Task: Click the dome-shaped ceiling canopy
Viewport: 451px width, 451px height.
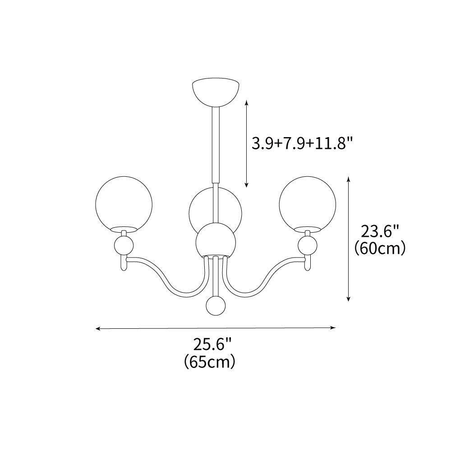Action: click(216, 91)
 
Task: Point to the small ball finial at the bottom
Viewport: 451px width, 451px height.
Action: click(216, 306)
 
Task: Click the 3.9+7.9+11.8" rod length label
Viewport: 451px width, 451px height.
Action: click(302, 143)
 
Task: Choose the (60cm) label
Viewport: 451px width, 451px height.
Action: click(380, 248)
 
